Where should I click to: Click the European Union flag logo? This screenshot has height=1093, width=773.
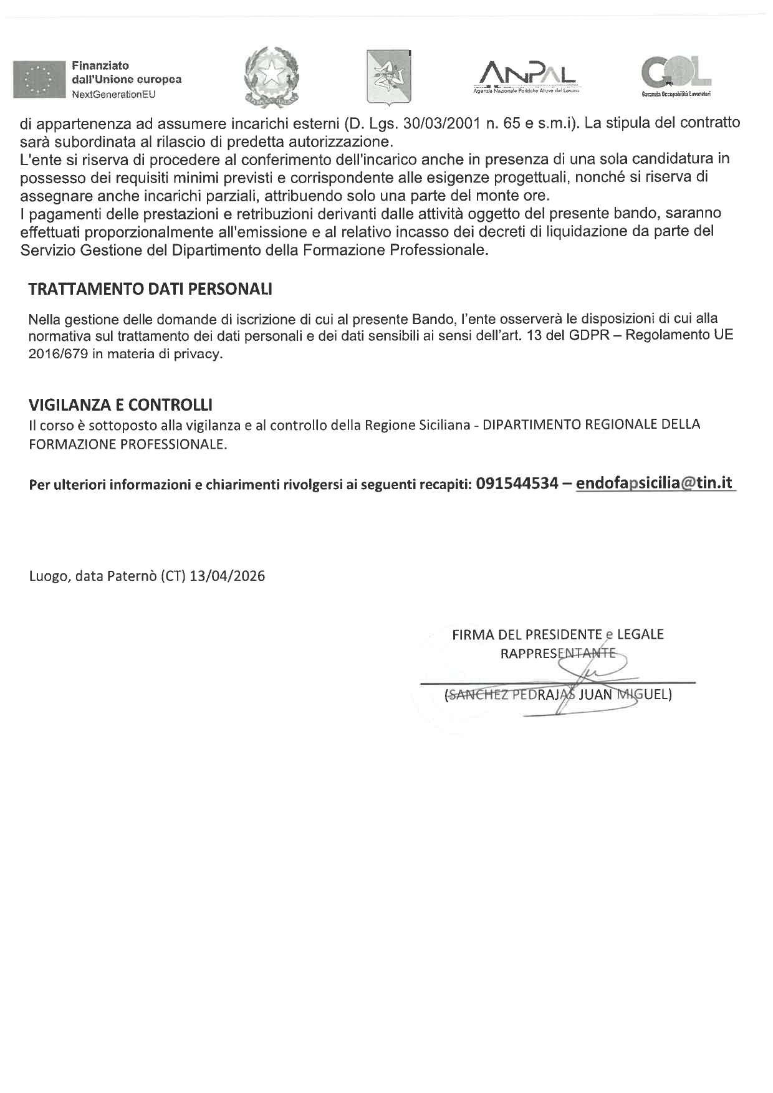coord(39,79)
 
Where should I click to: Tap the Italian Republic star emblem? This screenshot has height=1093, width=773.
coord(272,75)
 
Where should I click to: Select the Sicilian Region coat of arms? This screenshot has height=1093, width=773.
coord(388,76)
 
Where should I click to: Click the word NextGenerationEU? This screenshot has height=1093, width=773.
coord(113,94)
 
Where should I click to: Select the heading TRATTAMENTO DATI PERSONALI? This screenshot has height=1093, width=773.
coord(150,289)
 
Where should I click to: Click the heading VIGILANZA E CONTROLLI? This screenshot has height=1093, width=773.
coord(120,405)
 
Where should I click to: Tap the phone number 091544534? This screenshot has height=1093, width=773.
coord(516,484)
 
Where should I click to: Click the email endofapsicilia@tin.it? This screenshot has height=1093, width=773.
coord(654,484)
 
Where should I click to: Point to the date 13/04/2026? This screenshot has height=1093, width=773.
coord(227,576)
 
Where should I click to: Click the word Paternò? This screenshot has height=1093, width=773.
coord(132,576)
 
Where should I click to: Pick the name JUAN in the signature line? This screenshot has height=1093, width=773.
coord(595,694)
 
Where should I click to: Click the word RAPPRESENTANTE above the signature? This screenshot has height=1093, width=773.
coord(558,654)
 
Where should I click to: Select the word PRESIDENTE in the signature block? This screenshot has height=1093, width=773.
coord(564,634)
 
